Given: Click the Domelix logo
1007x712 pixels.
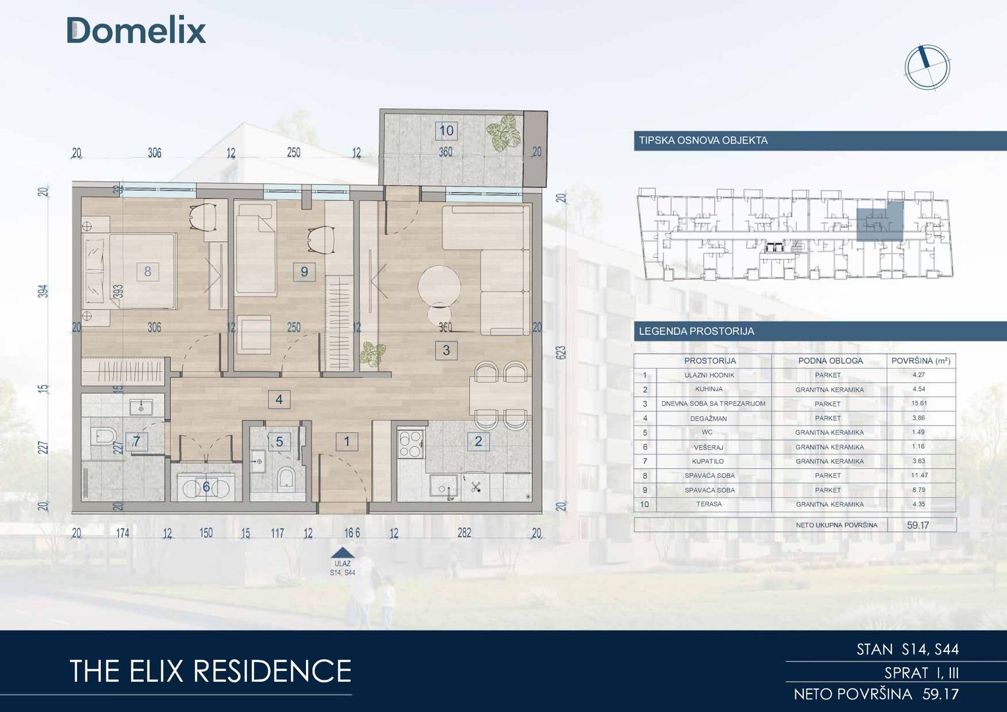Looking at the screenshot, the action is (137, 30).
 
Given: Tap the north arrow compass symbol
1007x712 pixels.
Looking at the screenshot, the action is (927, 67).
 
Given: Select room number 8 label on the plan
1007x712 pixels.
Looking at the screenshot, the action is (148, 272).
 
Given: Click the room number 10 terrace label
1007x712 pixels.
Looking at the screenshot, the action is (446, 131).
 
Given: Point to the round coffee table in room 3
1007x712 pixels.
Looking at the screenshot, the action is (439, 286).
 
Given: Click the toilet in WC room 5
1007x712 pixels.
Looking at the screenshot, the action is (286, 479).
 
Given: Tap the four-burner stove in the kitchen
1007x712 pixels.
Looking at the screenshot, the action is (411, 444).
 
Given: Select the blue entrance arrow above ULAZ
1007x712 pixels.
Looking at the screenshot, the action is (342, 553).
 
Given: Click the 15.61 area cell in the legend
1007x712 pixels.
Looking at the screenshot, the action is (919, 403).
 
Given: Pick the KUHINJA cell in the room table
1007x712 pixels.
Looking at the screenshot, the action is (709, 389).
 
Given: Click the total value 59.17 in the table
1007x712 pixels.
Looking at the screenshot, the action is (918, 525).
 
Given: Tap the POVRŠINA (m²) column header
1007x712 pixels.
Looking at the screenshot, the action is (921, 361).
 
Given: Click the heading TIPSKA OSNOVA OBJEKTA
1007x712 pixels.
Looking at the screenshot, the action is (703, 140).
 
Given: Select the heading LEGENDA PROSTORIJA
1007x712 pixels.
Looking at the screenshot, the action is (696, 331).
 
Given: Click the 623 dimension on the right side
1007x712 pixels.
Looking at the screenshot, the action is (561, 352).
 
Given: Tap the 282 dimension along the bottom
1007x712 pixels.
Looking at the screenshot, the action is (464, 533).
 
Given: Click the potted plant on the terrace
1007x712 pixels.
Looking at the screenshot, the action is (503, 132).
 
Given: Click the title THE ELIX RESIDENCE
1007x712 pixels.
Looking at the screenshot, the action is (210, 670).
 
